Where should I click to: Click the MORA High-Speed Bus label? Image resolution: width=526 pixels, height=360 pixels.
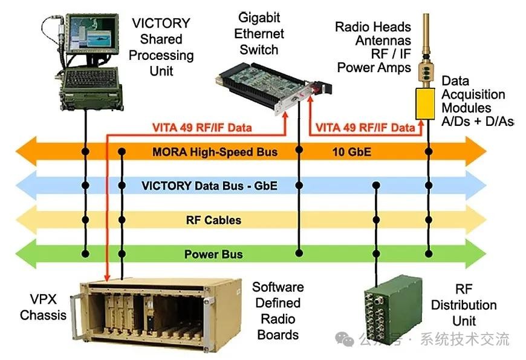coord(215,151)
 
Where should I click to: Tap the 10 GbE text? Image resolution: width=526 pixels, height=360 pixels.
coord(351,151)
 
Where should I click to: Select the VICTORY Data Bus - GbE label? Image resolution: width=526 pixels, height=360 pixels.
coord(209,185)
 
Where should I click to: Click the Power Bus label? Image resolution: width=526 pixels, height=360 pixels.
coord(213,254)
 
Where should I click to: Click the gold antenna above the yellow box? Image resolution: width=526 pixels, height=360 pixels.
coord(426,48)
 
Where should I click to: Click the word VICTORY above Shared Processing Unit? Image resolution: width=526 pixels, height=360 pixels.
coord(161,24)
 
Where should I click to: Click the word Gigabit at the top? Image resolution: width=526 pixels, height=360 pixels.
coord(259,17)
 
